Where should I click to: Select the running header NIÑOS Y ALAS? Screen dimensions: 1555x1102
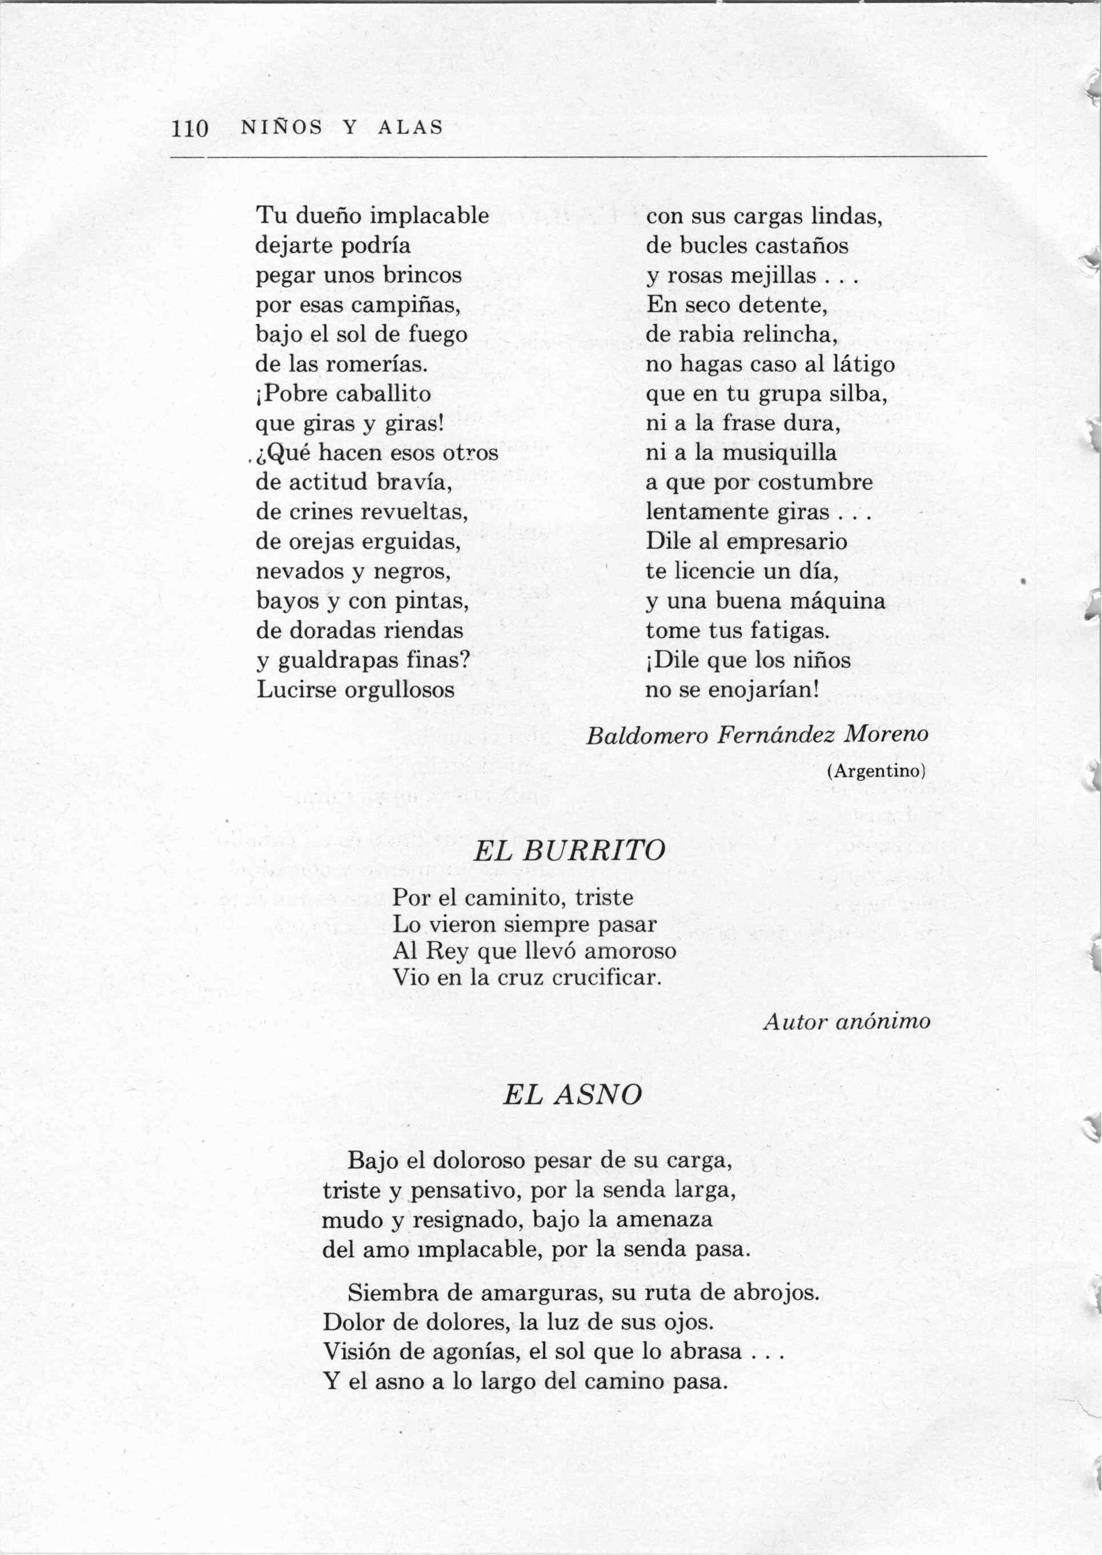(x=342, y=127)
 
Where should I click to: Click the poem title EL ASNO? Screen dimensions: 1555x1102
(x=572, y=1094)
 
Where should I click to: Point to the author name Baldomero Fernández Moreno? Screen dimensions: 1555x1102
(x=757, y=734)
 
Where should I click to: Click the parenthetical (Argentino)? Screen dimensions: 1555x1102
(x=876, y=771)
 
